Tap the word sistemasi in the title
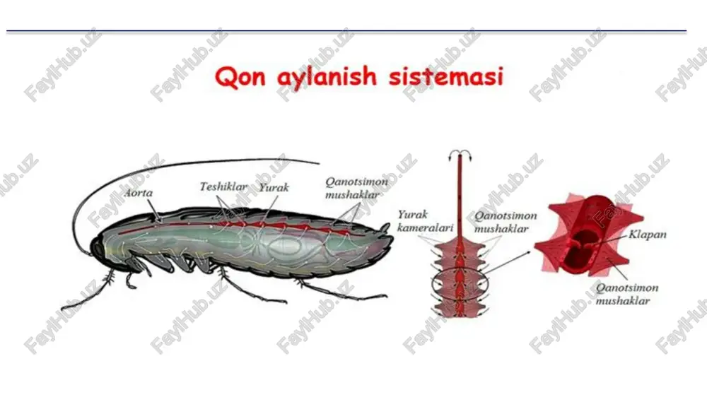(x=446, y=76)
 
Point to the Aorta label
(x=139, y=193)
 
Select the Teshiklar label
(x=223, y=186)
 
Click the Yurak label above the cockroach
(x=274, y=187)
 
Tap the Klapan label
(x=648, y=235)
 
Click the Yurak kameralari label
(x=425, y=221)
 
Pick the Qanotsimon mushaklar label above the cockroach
(x=356, y=188)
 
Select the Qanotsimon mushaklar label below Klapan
(x=626, y=295)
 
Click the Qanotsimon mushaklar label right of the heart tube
(x=506, y=222)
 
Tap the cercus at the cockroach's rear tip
(x=385, y=228)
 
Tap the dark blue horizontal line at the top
(x=346, y=31)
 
